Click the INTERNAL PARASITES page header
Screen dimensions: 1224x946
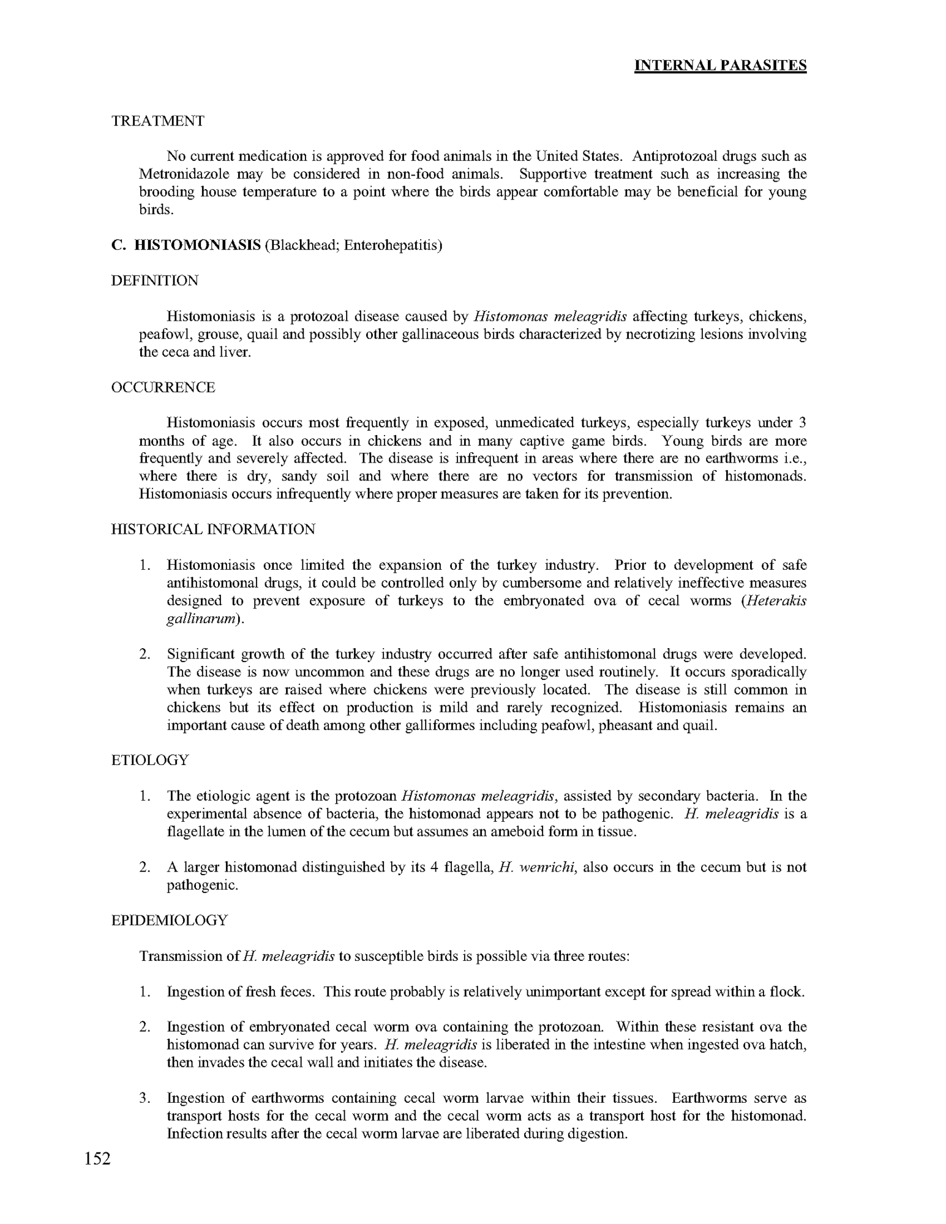coord(720,65)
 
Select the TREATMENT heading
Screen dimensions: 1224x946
coord(158,121)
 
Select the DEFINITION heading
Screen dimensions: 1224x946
coord(155,281)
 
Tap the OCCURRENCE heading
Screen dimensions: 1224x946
coord(163,387)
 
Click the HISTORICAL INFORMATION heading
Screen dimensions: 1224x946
coord(213,529)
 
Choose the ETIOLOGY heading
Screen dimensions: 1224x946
coord(150,760)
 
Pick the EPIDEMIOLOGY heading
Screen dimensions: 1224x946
coord(170,920)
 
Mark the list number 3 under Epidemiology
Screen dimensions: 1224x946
coord(145,1098)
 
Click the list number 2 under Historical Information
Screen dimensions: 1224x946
coord(145,654)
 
